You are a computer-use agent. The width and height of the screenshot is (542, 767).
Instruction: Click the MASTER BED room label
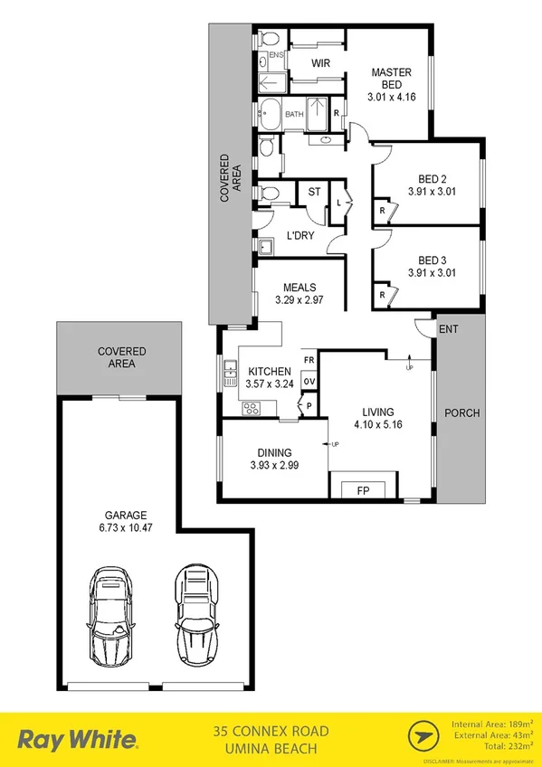pyautogui.click(x=391, y=79)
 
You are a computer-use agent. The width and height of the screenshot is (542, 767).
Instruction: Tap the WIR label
pyautogui.click(x=319, y=63)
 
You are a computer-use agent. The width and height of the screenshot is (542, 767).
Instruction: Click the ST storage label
pyautogui.click(x=314, y=192)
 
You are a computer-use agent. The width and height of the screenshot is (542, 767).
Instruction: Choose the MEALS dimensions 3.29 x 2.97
pyautogui.click(x=299, y=301)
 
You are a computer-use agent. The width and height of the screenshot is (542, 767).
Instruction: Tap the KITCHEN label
pyautogui.click(x=269, y=371)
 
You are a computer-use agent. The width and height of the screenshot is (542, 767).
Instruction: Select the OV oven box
pyautogui.click(x=309, y=383)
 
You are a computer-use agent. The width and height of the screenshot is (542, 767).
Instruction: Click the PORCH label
pyautogui.click(x=462, y=413)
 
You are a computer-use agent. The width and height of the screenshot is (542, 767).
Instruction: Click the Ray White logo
pyautogui.click(x=81, y=740)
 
